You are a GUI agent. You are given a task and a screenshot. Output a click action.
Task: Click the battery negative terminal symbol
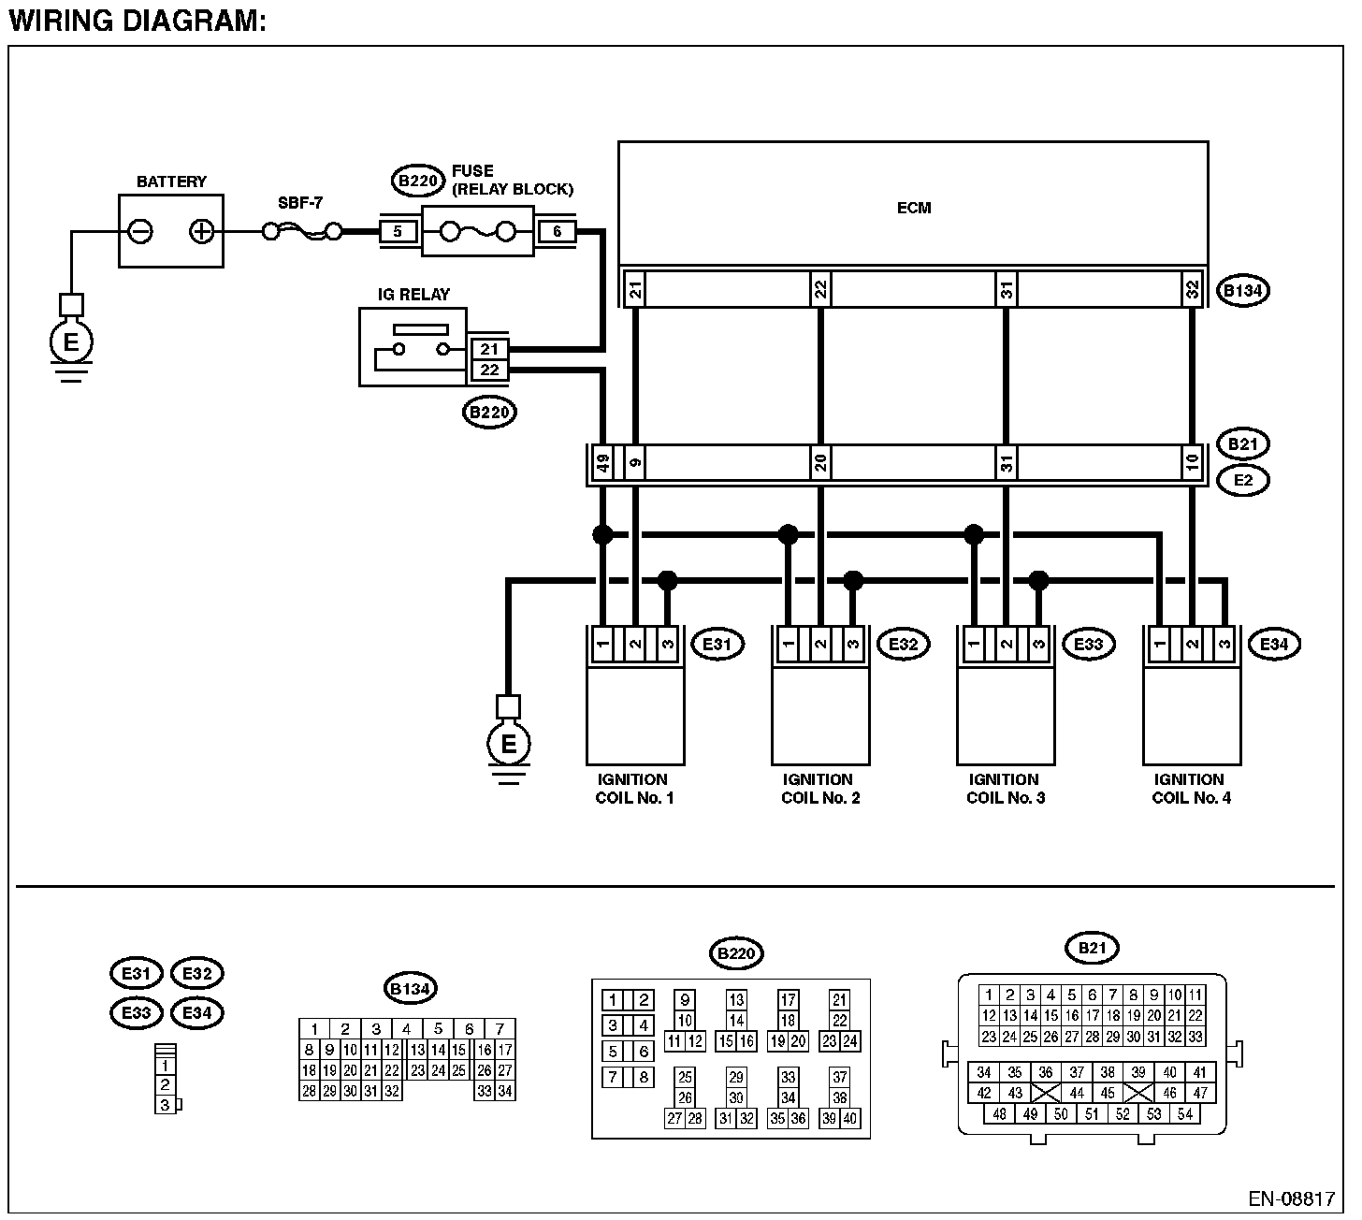[140, 231]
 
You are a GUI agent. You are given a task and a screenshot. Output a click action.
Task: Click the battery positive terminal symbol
[201, 231]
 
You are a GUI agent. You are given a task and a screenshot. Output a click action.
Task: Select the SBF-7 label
[300, 202]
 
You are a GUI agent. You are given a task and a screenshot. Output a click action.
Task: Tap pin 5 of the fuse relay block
[398, 231]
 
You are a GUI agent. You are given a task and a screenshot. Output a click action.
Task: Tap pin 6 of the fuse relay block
[557, 231]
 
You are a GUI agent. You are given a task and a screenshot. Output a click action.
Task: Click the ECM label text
[914, 208]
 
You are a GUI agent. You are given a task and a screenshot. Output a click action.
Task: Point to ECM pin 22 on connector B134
[820, 289]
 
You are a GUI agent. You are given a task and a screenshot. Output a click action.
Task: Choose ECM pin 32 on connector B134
[1192, 289]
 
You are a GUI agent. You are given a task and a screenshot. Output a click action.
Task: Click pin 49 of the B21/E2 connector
[603, 463]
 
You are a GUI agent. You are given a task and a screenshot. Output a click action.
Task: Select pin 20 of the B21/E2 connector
[820, 463]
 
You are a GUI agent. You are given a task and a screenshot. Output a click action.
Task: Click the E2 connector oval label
[1243, 480]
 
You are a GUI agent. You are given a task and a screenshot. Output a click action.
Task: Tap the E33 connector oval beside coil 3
[1089, 645]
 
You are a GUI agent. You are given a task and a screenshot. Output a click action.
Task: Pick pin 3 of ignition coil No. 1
[667, 645]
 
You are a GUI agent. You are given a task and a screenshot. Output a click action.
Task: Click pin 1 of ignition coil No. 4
[1159, 645]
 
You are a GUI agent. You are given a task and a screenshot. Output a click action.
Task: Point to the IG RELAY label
[413, 294]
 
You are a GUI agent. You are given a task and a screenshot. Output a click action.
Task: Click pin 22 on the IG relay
[489, 370]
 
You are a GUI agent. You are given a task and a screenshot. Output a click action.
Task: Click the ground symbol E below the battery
[71, 342]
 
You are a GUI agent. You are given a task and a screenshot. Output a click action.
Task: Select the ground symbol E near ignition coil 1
[508, 744]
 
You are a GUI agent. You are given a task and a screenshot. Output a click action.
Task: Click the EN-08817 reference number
[1292, 1199]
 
